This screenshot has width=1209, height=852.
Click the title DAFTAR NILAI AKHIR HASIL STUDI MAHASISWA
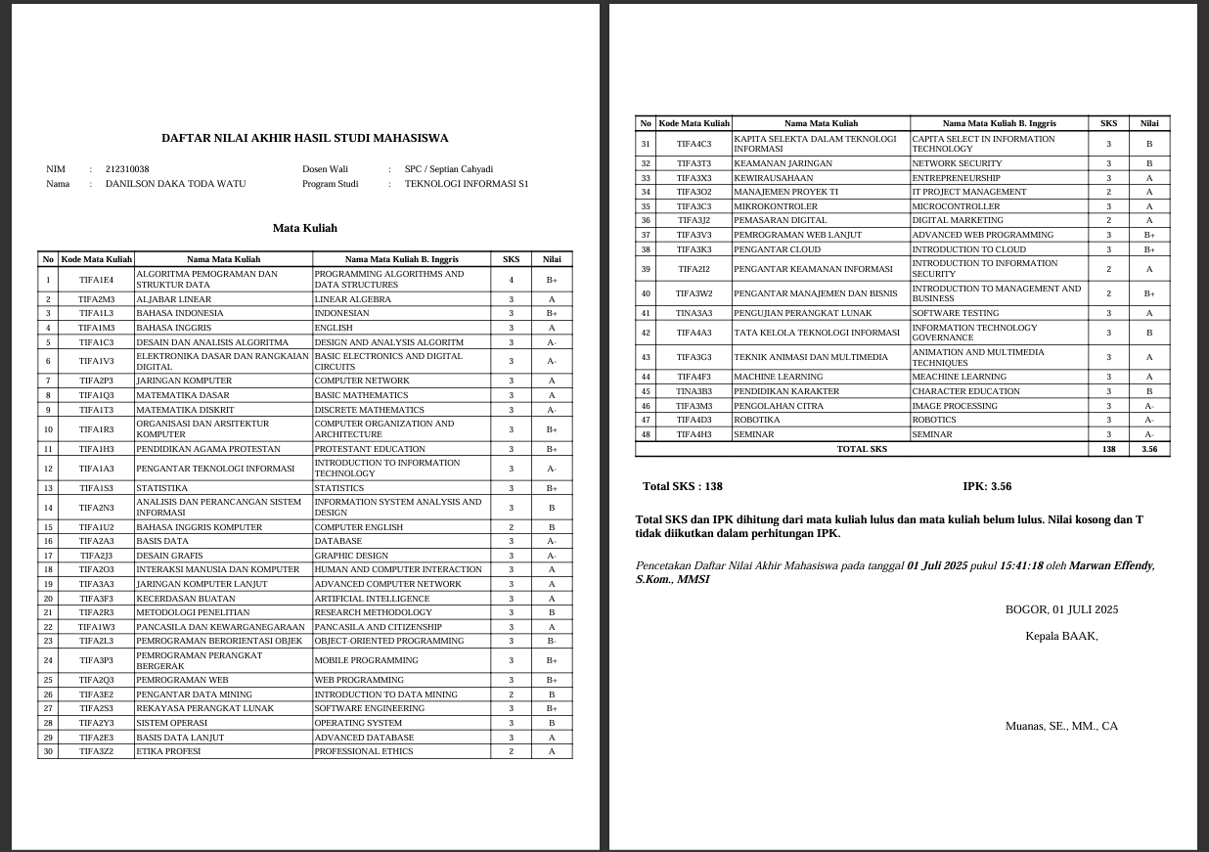[304, 138]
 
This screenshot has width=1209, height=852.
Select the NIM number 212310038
[127, 169]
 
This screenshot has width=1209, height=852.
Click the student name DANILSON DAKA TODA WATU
[176, 184]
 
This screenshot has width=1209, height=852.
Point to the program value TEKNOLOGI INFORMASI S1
[467, 184]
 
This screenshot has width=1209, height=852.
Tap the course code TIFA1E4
[97, 280]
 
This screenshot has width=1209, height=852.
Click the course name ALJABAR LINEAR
[173, 299]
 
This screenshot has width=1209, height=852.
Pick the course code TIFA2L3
[97, 641]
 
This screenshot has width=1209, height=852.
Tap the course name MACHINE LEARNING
[779, 377]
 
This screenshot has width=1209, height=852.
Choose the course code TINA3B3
[694, 391]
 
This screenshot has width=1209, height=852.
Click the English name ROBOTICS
[934, 420]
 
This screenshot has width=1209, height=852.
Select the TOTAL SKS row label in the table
[862, 449]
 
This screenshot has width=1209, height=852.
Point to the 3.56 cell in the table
[1148, 449]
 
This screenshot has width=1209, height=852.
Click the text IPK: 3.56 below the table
[987, 486]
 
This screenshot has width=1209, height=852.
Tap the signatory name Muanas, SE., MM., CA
[1061, 726]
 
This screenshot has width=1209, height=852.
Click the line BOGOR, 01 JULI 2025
[1061, 609]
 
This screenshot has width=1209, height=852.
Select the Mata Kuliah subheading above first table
[304, 228]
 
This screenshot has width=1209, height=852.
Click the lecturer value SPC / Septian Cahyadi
[449, 169]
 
